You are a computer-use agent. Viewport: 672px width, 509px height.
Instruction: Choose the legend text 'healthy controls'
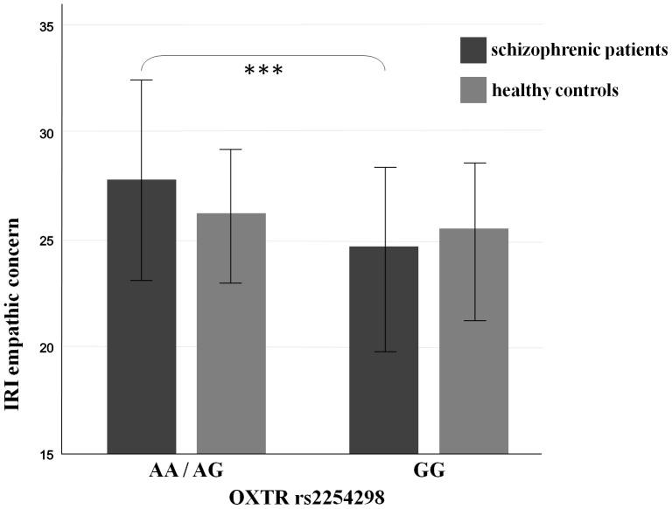coord(556,89)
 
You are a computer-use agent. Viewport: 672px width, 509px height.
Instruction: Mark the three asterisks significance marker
coord(263,70)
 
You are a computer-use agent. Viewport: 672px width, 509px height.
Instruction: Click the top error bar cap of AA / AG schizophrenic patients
coord(142,80)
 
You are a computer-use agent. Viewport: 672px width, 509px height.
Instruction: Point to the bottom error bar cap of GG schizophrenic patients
coord(384,352)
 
